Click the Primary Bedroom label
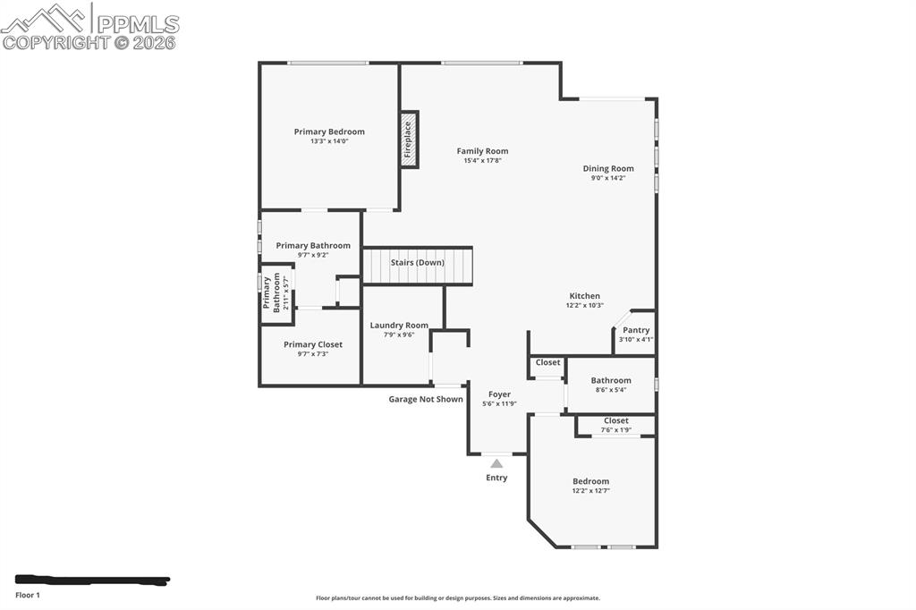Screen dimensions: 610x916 pyautogui.click(x=329, y=131)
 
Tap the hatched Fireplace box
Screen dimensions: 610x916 pyautogui.click(x=409, y=140)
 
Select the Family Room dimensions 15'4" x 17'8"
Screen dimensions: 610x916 pyautogui.click(x=482, y=161)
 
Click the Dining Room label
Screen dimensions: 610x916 pyautogui.click(x=608, y=168)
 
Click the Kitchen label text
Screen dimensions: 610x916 pyautogui.click(x=585, y=296)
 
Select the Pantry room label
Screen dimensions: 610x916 pyautogui.click(x=636, y=330)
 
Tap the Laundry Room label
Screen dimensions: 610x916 pyautogui.click(x=399, y=326)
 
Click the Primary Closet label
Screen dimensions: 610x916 pyautogui.click(x=313, y=344)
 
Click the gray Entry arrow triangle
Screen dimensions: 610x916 pyautogui.click(x=496, y=463)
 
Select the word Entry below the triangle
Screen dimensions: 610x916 pyautogui.click(x=496, y=478)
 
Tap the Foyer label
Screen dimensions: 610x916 pyautogui.click(x=499, y=394)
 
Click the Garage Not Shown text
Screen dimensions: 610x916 pyautogui.click(x=426, y=399)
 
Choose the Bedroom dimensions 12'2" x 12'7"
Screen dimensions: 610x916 pyautogui.click(x=590, y=490)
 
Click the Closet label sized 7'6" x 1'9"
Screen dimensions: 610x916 pyautogui.click(x=615, y=420)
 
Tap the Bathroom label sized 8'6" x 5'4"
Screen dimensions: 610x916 pyautogui.click(x=611, y=380)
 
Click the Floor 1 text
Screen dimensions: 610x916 pyautogui.click(x=28, y=595)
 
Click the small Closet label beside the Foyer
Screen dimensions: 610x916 pyautogui.click(x=547, y=362)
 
